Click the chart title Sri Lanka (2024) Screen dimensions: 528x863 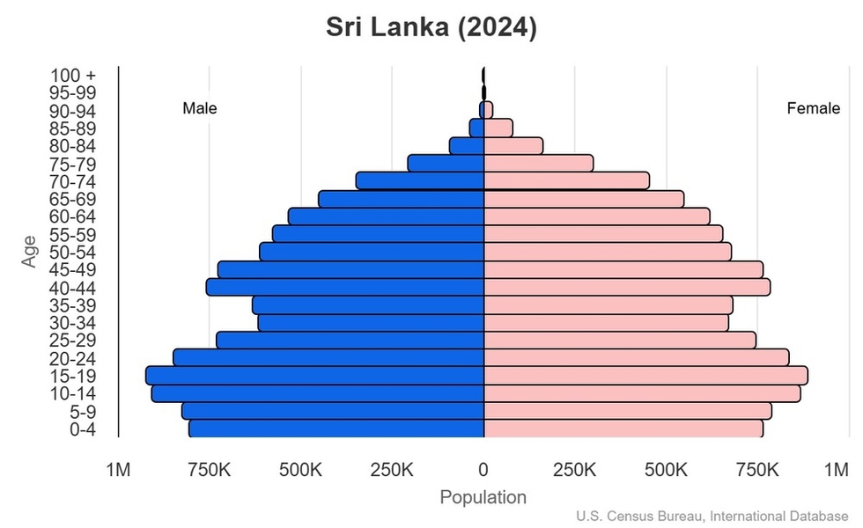coord(431,27)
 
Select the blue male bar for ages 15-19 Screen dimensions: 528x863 coord(315,376)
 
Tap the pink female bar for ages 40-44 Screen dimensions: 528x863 coord(627,288)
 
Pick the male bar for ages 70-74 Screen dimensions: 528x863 coord(420,181)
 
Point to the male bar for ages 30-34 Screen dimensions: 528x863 coord(371,323)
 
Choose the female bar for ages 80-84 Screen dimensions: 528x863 coord(513,146)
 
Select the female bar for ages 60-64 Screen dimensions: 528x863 coord(597,216)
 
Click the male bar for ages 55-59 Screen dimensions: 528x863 coord(379,234)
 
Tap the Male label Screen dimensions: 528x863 coord(200,109)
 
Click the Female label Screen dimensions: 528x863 coord(813,109)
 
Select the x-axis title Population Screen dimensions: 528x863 coord(483,498)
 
